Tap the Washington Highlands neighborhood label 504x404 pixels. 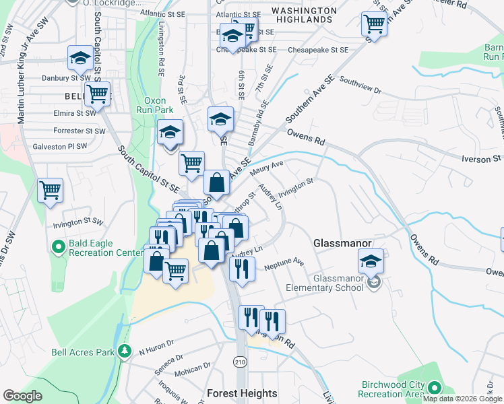coord(304,15)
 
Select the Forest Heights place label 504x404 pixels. coord(242,393)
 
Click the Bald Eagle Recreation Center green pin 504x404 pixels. coord(59,247)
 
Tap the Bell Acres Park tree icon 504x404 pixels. coord(124,351)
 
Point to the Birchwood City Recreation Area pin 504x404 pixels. coord(435,388)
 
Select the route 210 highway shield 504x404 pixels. coord(240,362)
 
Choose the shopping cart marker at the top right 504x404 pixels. coord(373,24)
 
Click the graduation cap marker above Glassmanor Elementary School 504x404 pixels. coord(371,261)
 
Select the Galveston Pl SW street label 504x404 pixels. coord(60,146)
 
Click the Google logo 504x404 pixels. coord(23,395)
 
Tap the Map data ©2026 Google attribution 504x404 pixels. coord(462,399)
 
